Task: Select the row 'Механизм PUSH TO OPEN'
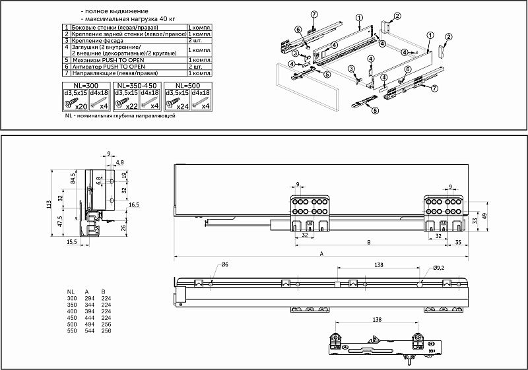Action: (x=110, y=59)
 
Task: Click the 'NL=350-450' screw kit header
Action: (x=137, y=86)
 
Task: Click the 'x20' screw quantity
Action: (x=82, y=106)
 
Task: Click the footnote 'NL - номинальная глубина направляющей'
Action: (x=119, y=116)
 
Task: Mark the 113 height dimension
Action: (x=49, y=204)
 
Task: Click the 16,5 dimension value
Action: (x=133, y=205)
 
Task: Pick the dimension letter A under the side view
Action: (x=321, y=253)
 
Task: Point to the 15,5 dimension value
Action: (x=72, y=242)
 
